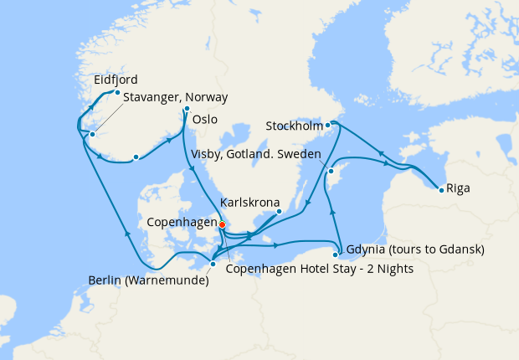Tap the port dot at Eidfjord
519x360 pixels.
(x=118, y=93)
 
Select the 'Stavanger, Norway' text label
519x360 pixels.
(x=175, y=98)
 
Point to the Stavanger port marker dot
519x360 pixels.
(x=93, y=135)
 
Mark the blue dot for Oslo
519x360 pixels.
(x=187, y=109)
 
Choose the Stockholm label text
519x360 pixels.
(x=294, y=126)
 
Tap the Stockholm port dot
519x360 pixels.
(x=329, y=126)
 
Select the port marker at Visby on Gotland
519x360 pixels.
(x=331, y=171)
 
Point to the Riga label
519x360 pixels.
(x=458, y=188)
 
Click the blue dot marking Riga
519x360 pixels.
(x=441, y=188)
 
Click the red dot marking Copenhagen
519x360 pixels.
(x=222, y=224)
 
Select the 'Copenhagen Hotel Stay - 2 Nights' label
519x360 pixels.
(x=319, y=268)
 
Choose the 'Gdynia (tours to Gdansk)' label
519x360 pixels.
(x=414, y=249)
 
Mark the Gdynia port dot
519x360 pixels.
(x=337, y=255)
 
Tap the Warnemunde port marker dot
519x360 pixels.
(x=213, y=265)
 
